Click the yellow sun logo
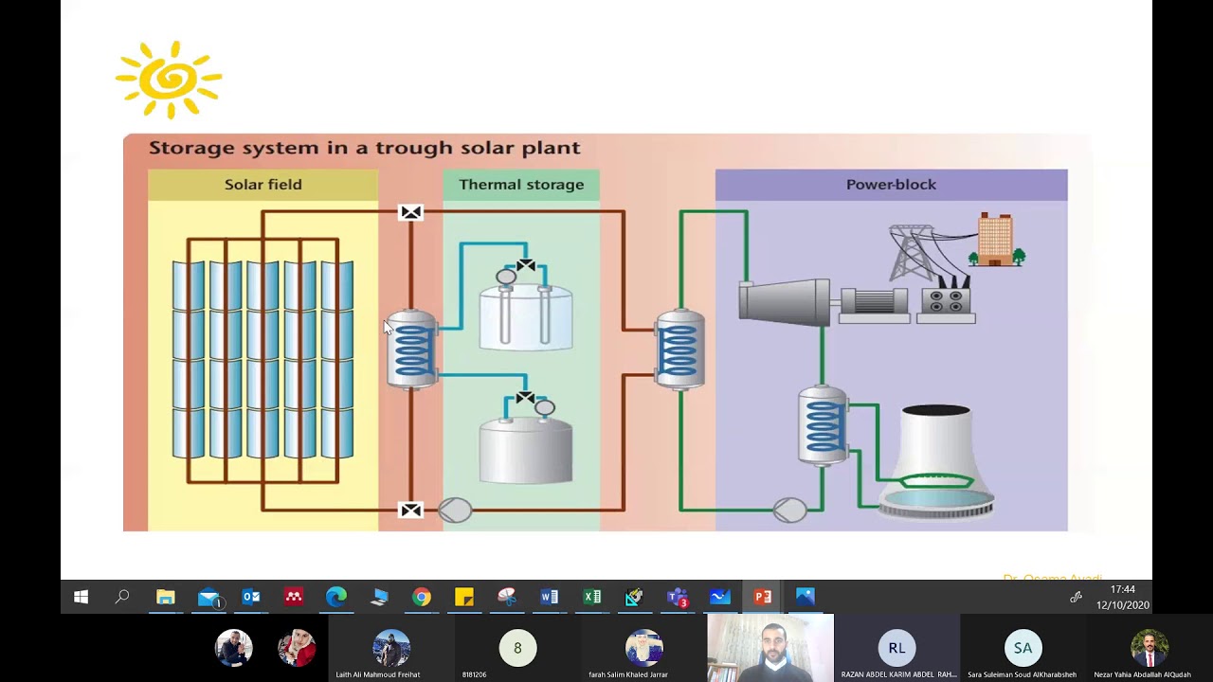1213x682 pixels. point(169,81)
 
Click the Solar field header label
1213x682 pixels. point(263,185)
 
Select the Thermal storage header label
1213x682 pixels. point(521,185)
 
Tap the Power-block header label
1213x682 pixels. point(891,185)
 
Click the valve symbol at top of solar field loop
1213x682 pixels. point(411,212)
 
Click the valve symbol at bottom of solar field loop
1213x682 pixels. point(411,511)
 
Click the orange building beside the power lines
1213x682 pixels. point(995,240)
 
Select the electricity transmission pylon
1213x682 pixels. point(915,251)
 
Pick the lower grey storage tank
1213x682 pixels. point(526,450)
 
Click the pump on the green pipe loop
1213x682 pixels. point(789,511)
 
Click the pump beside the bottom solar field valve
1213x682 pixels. point(455,511)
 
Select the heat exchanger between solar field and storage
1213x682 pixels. point(411,350)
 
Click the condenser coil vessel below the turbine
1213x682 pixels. point(823,426)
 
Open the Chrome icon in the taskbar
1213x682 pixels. point(422,597)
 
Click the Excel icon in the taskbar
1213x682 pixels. point(592,597)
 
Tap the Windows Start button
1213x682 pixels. point(81,597)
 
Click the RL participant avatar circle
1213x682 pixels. point(896,648)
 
